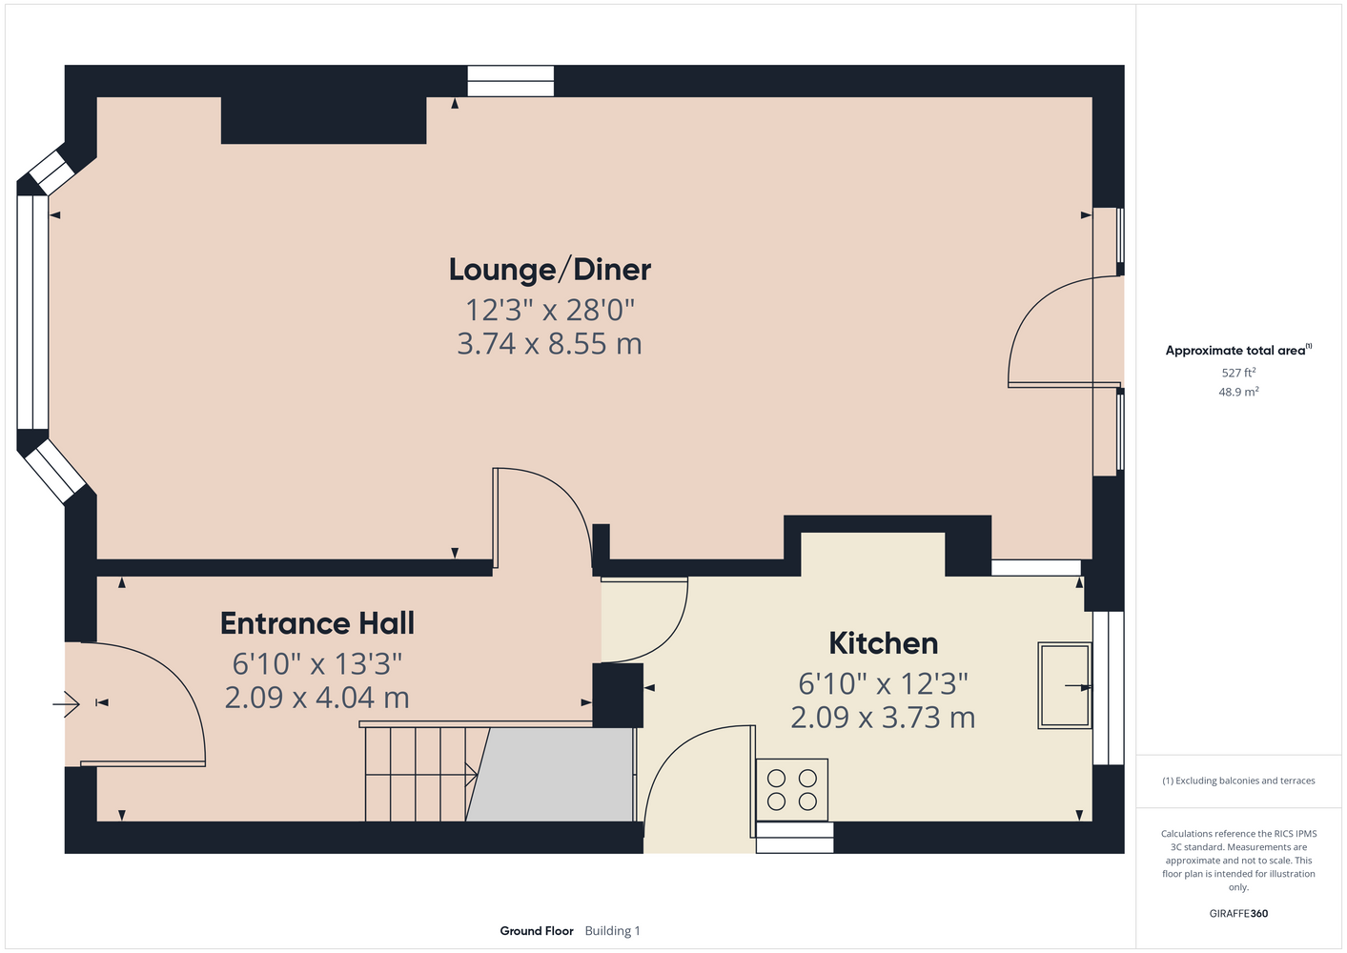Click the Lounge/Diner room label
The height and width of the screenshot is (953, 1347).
[550, 270]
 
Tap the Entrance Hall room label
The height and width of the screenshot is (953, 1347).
[316, 623]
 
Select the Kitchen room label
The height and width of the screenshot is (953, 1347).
[884, 643]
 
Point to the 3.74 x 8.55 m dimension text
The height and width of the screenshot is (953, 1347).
[550, 343]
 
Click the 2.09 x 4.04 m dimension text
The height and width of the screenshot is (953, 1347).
[316, 698]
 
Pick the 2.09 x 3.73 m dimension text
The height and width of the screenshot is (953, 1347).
[883, 718]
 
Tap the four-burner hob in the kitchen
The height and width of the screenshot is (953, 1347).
[792, 789]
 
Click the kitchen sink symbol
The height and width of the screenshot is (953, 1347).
[1065, 685]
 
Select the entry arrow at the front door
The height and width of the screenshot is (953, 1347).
[66, 703]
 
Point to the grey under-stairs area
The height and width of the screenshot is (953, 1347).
[550, 775]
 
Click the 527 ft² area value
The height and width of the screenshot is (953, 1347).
[1238, 373]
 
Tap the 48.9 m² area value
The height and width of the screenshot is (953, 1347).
[1238, 392]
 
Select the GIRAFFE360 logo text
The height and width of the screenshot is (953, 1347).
[1238, 913]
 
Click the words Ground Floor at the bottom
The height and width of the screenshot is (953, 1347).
[537, 931]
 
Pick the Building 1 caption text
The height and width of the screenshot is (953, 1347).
[612, 931]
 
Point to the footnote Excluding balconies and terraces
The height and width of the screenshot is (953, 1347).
[1238, 781]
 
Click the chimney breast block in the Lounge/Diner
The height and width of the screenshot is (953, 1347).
[323, 120]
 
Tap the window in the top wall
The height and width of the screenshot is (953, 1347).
[511, 81]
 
